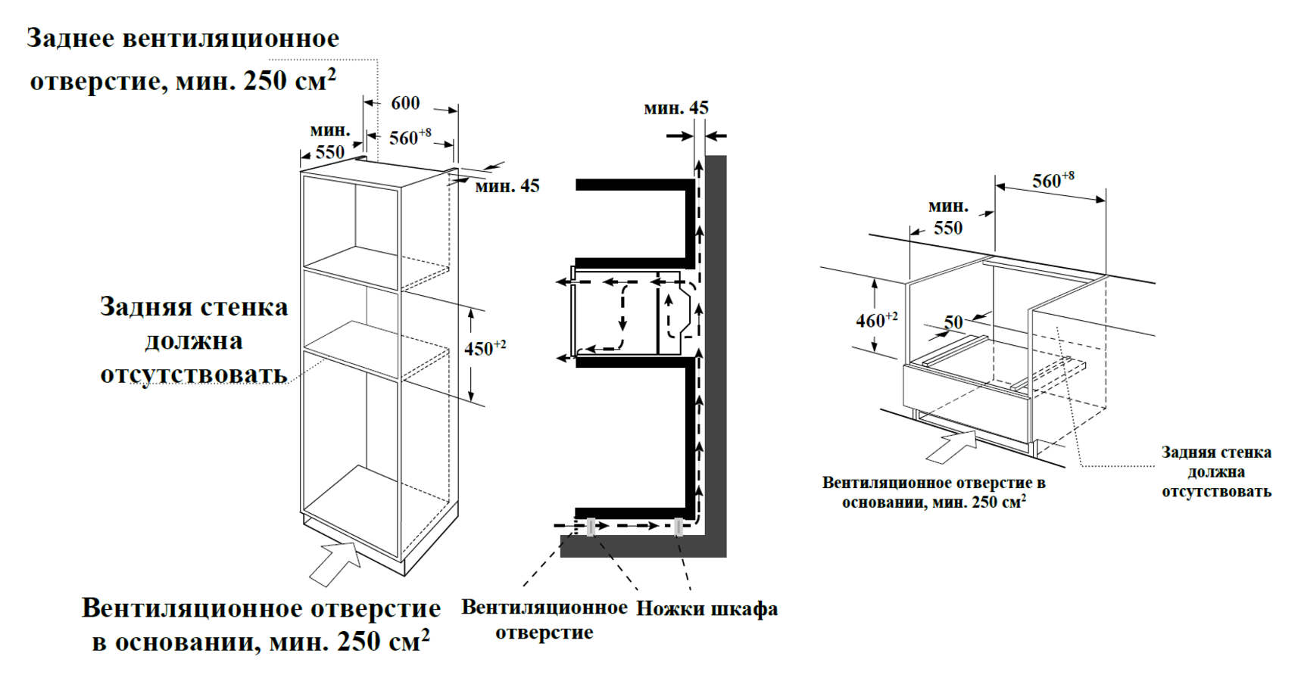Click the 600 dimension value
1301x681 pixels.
tap(405, 104)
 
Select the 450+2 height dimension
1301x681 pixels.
tap(485, 348)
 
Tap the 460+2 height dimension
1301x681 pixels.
tap(876, 320)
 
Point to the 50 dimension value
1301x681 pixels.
tap(953, 322)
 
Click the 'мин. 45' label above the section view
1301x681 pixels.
tap(675, 108)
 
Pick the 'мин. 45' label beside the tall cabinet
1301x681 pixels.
tap(507, 185)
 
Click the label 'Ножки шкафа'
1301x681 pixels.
tap(707, 609)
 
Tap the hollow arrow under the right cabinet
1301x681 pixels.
tap(950, 446)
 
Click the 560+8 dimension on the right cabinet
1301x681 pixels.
tap(1053, 181)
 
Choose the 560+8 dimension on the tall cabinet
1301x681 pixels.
tap(410, 137)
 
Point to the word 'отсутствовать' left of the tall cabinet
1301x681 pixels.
tap(194, 375)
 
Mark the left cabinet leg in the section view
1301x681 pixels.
tap(590, 527)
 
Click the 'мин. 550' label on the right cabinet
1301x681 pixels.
tap(947, 217)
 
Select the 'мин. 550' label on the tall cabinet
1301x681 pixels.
tap(329, 141)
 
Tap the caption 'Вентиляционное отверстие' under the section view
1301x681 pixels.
tap(544, 620)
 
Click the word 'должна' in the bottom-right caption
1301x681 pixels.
tap(1215, 472)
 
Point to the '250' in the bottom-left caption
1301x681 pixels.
tap(359, 642)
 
